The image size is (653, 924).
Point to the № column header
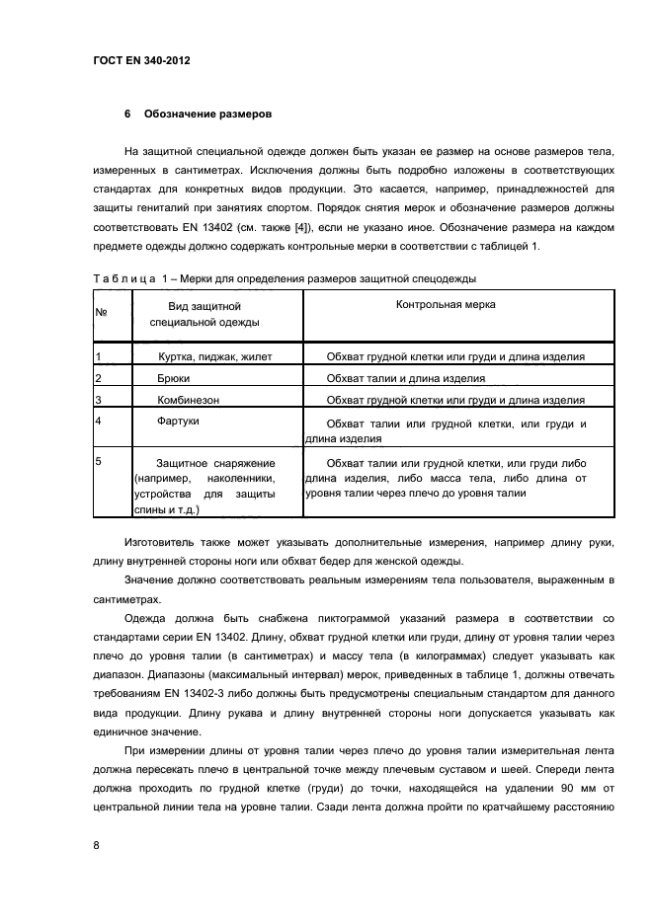(101, 312)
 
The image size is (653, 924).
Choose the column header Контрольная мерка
(446, 305)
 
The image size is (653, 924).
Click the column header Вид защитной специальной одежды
(204, 314)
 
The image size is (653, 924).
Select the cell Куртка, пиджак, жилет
(214, 356)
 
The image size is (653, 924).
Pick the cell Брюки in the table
(174, 378)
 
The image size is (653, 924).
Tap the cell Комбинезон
(188, 400)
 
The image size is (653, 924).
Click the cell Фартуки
(178, 422)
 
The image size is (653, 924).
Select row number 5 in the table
(98, 461)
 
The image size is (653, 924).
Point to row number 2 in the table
(98, 378)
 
